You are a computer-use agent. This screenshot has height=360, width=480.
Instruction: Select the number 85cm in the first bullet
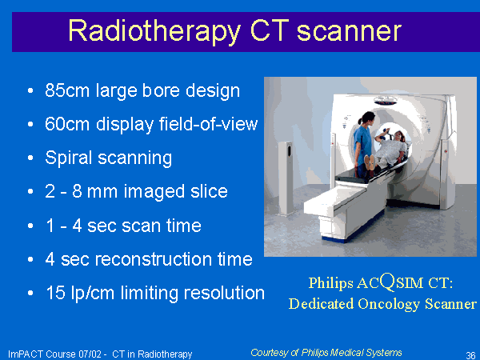point(67,90)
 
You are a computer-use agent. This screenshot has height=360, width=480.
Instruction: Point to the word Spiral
point(69,158)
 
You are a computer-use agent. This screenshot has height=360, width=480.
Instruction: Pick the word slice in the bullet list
point(209,191)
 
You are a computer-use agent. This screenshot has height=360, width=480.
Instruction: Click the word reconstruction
point(154,259)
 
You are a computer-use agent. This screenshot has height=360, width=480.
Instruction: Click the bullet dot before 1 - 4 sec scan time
point(30,226)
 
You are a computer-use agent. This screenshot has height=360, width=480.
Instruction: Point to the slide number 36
point(470,355)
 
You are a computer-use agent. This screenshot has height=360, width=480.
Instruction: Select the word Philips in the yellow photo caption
point(330,283)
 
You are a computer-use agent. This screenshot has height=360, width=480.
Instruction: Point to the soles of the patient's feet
point(369,162)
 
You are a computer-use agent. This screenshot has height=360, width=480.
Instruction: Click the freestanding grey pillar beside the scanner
point(286,178)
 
